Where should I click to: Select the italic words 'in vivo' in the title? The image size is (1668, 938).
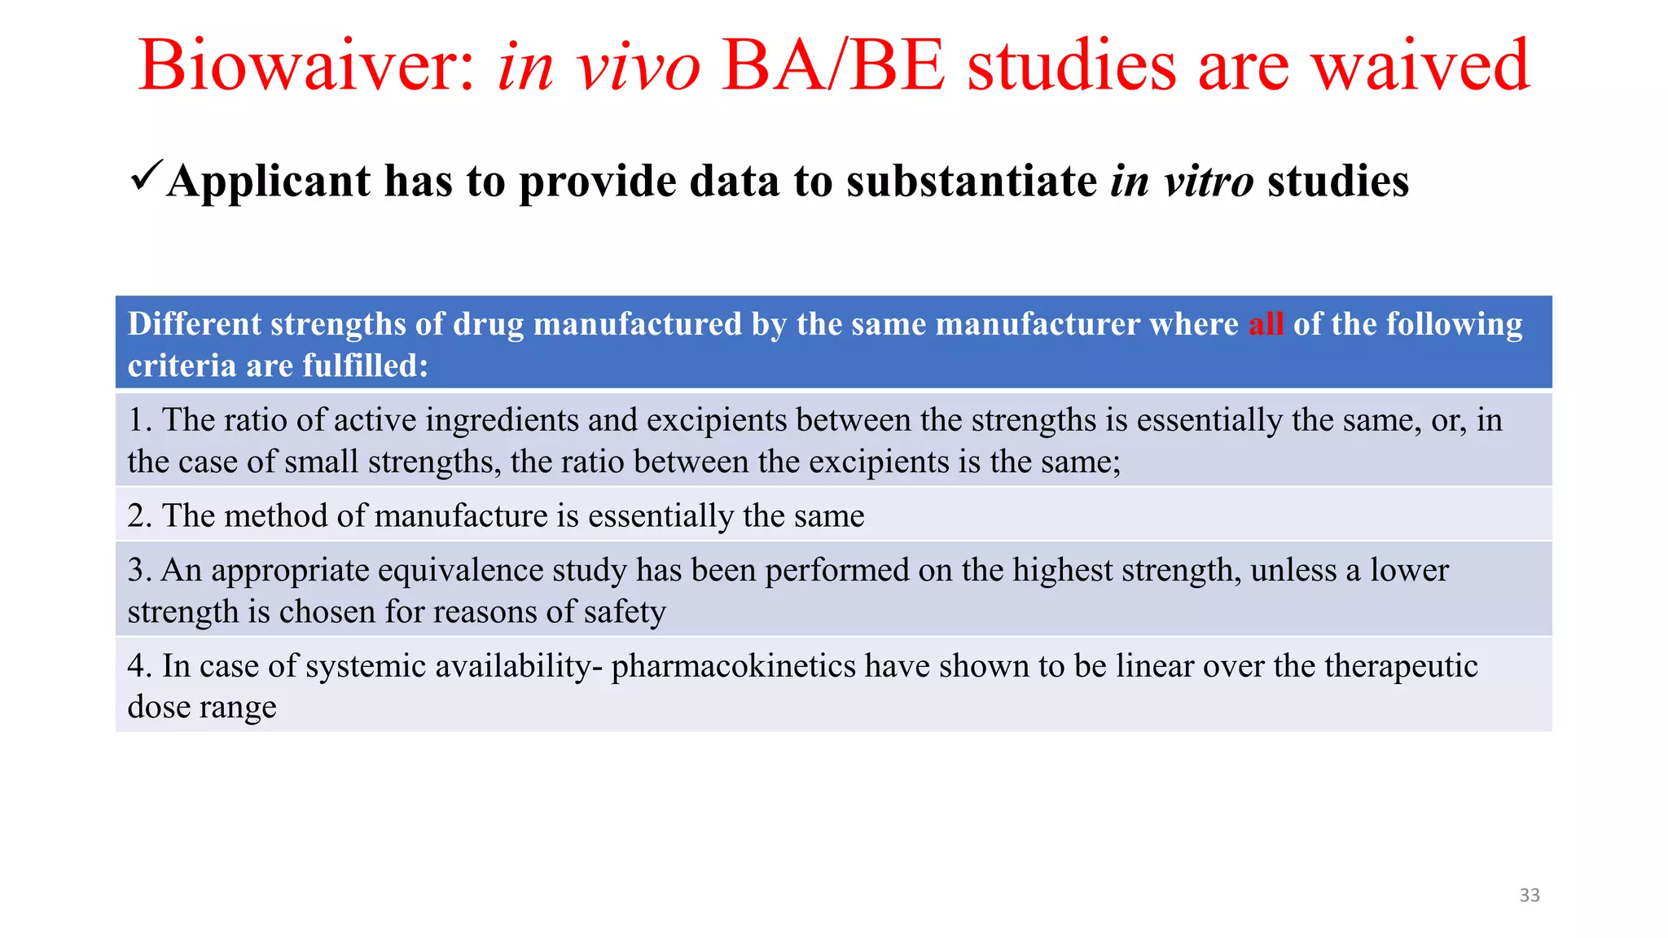click(599, 67)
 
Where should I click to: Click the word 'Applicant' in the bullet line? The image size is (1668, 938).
click(269, 181)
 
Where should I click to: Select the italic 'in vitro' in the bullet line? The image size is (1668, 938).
click(1181, 181)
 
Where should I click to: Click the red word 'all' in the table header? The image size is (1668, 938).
click(1266, 324)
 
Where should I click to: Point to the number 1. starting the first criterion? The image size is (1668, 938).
click(139, 420)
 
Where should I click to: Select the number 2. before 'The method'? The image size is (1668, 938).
click(139, 516)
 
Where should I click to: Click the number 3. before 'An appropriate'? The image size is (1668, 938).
click(139, 570)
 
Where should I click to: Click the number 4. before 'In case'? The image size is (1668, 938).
click(139, 666)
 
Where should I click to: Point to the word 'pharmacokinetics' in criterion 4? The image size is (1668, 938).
click(733, 666)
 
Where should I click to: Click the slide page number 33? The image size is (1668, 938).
click(1530, 895)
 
